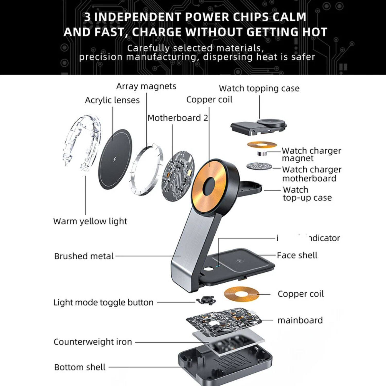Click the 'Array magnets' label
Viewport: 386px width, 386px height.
146,86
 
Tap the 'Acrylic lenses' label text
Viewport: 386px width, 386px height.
112,100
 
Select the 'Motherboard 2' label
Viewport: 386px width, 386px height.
178,118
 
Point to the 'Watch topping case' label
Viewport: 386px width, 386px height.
259,88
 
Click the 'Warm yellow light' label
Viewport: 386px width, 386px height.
90,221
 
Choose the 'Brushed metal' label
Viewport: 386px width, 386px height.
84,256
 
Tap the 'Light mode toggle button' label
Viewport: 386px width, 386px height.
103,302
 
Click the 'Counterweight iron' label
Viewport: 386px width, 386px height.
93,342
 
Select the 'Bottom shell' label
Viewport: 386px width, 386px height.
80,367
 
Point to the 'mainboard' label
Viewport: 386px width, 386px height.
300,320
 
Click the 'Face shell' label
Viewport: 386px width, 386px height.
297,255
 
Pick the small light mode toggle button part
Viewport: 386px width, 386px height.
206,300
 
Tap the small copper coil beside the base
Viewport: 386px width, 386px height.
241,294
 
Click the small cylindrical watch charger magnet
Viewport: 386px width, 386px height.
262,154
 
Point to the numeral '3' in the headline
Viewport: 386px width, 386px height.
87,17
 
